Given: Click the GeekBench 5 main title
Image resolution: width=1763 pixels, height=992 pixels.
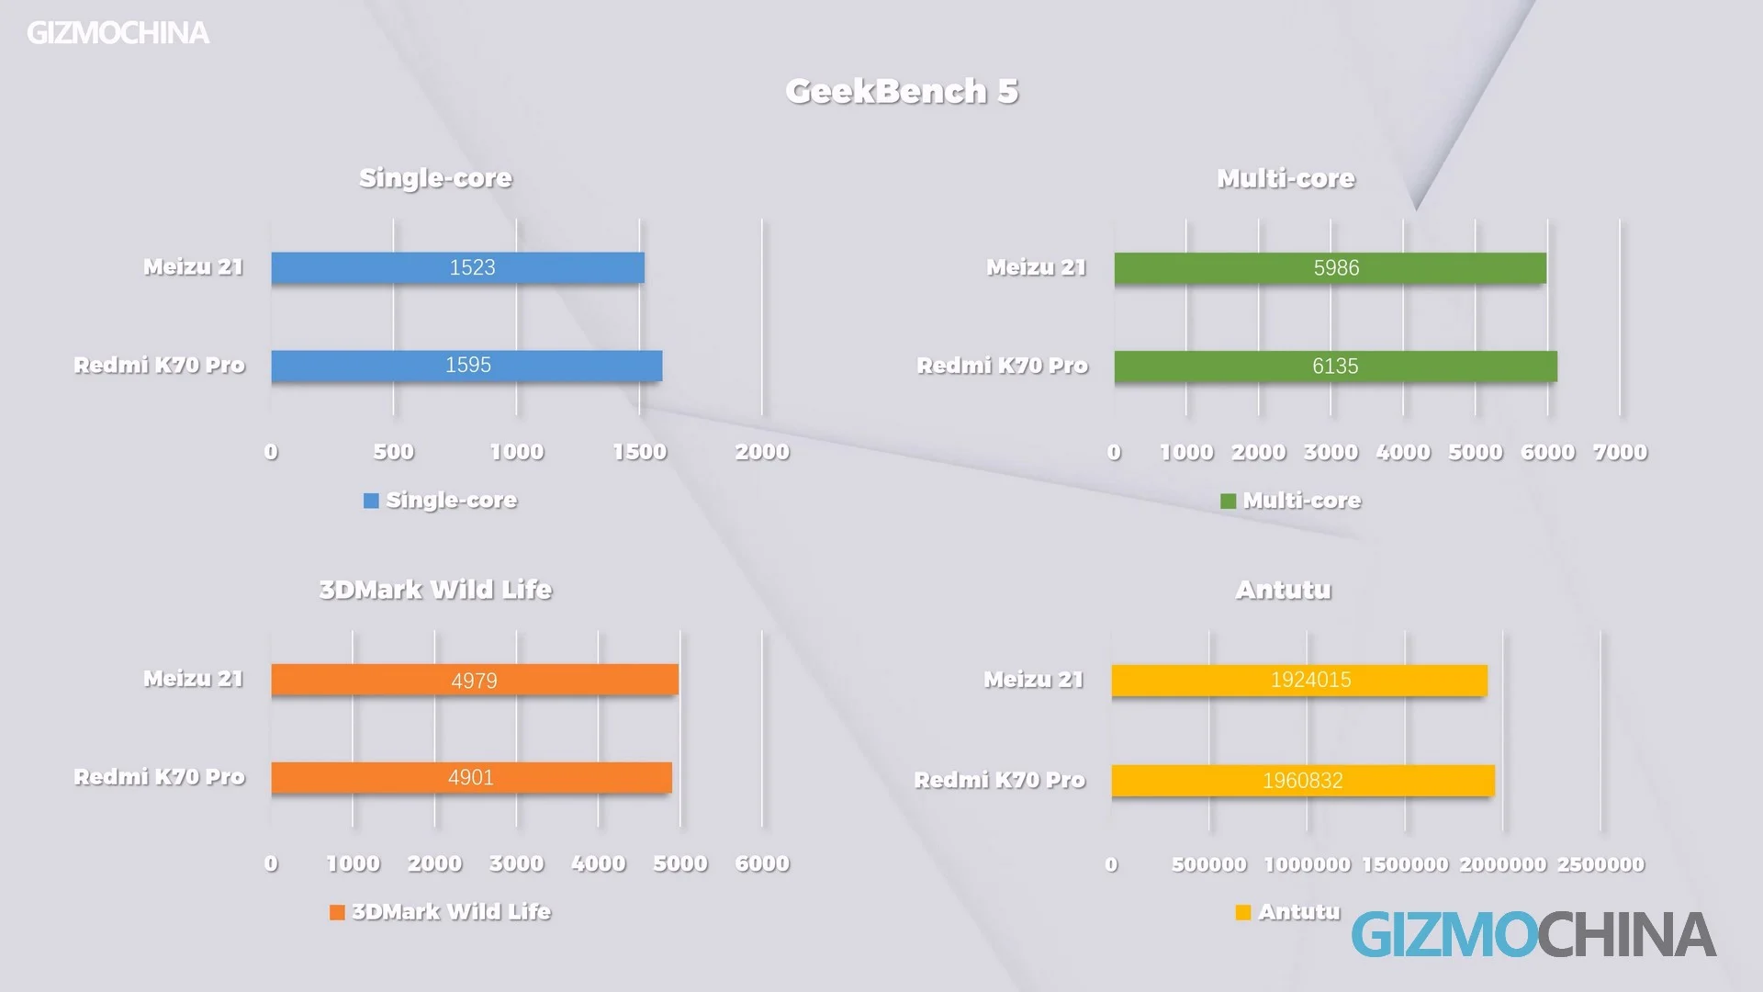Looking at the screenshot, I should coord(902,91).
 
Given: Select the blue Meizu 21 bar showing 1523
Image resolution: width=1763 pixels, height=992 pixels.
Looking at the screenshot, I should coord(457,267).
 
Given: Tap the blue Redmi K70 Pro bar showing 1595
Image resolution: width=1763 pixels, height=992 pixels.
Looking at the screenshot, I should coord(466,366).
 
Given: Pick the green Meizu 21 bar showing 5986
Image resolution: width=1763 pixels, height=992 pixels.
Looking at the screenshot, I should coord(1330,268).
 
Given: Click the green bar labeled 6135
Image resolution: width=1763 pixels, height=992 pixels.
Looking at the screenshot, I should coord(1335,366).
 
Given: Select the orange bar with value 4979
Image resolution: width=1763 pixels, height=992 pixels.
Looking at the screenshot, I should coord(474,680).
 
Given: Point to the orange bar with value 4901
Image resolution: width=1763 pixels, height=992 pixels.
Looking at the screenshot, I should coord(471,778).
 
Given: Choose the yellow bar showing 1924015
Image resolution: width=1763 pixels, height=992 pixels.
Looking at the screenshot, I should coord(1299,681).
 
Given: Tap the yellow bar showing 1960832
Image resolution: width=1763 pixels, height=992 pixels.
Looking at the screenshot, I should coord(1303,781).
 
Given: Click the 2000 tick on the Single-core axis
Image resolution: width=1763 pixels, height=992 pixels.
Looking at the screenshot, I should coord(762,452).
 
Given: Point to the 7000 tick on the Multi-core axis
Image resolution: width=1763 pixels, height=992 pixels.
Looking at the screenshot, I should coord(1620,452).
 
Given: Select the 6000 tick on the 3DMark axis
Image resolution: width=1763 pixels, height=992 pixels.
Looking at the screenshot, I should coord(762,863).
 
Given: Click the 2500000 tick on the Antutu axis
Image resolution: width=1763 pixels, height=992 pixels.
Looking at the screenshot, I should coord(1600,864).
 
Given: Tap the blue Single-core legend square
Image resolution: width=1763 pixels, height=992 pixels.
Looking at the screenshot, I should coord(371,501).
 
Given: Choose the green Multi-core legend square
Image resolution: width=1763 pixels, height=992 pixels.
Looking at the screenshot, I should coord(1228,501).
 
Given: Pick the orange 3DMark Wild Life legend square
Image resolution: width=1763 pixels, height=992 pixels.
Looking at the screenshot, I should coord(337,912).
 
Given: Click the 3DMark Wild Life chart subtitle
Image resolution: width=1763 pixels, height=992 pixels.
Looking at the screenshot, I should coord(435,590).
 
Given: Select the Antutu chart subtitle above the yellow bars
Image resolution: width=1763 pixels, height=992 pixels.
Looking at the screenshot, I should coord(1283,590).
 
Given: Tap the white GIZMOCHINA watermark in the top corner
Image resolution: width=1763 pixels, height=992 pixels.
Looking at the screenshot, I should coord(118,33).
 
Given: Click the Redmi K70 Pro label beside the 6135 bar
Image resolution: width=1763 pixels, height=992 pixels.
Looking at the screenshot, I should coord(1002,366).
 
